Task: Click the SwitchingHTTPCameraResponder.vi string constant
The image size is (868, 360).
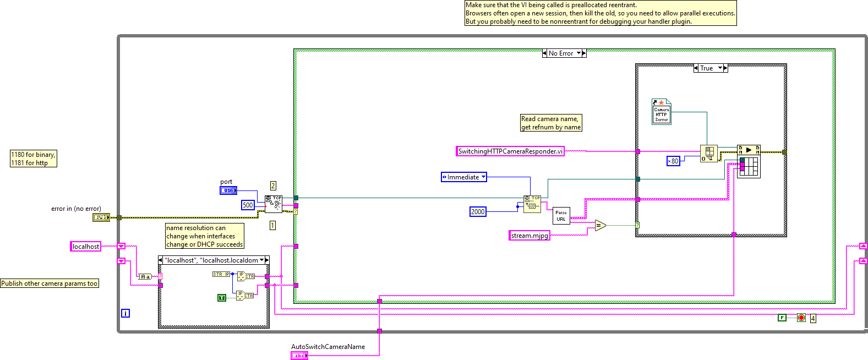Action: pos(510,151)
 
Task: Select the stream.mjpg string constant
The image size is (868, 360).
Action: pos(529,236)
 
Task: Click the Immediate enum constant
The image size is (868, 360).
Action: pos(463,177)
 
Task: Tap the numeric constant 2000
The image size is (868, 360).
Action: pos(478,212)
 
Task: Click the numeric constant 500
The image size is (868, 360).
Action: pos(248,205)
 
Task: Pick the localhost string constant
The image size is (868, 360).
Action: pos(86,247)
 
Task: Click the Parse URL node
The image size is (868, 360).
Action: pos(561,216)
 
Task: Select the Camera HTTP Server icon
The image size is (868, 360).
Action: pos(661,112)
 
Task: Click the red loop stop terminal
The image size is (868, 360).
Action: pos(801,318)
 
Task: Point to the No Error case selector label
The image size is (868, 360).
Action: pos(561,53)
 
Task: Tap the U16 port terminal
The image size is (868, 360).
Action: pos(228,190)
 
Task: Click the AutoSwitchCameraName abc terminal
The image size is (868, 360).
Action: pos(299,356)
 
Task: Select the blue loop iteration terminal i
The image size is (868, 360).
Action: pos(125,313)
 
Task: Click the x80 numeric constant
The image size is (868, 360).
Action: pos(673,161)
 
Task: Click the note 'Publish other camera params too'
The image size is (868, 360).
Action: pos(50,283)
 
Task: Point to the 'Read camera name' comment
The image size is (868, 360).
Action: pos(550,123)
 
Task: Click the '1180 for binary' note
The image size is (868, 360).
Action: pos(34,159)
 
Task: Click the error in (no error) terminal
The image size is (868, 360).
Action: pos(101,217)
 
